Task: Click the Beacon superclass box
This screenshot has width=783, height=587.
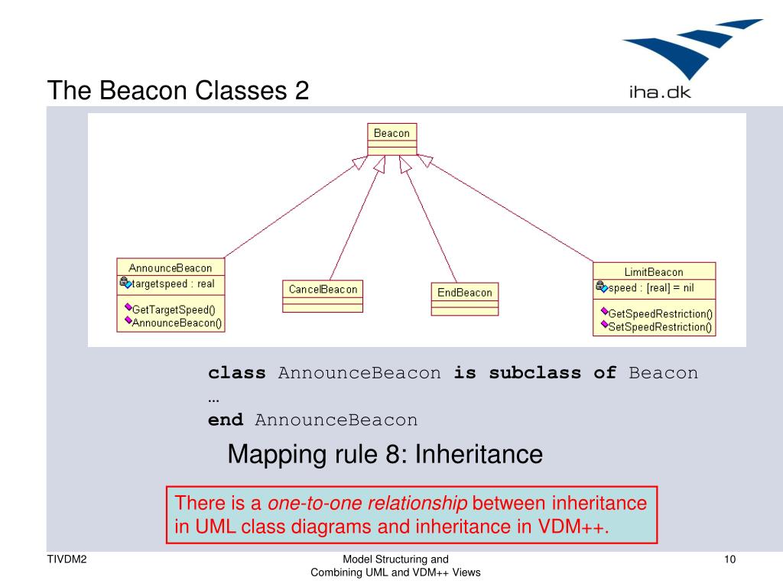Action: pyautogui.click(x=391, y=134)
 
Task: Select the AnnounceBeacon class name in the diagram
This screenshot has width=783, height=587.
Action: pyautogui.click(x=170, y=268)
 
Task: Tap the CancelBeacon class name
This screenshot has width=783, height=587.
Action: pyautogui.click(x=323, y=290)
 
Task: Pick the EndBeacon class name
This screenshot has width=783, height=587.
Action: pyautogui.click(x=464, y=293)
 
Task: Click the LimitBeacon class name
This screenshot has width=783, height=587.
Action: pyautogui.click(x=654, y=272)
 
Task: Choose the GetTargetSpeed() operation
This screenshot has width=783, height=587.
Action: pyautogui.click(x=174, y=310)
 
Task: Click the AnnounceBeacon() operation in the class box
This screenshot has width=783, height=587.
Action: pyautogui.click(x=177, y=323)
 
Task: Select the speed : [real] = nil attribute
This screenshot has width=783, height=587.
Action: pyautogui.click(x=651, y=288)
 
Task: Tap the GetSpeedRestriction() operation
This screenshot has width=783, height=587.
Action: pyautogui.click(x=660, y=314)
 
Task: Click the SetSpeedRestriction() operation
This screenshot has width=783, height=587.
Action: pyautogui.click(x=660, y=327)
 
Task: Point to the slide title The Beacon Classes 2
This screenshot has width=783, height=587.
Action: pyautogui.click(x=178, y=91)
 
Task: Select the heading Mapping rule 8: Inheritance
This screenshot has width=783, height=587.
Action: pyautogui.click(x=385, y=455)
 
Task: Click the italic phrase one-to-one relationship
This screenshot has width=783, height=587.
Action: pyautogui.click(x=367, y=504)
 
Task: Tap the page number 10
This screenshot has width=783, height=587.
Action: pyautogui.click(x=729, y=559)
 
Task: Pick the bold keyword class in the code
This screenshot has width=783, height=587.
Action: pyautogui.click(x=237, y=374)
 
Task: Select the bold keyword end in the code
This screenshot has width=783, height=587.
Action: pyautogui.click(x=226, y=420)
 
